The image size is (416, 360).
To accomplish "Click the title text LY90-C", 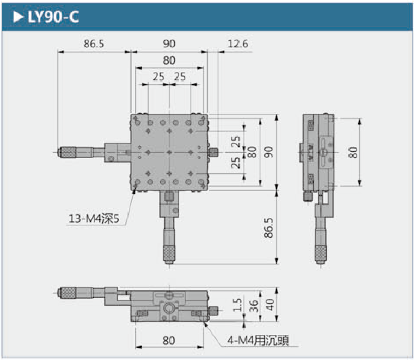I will tap(53, 17).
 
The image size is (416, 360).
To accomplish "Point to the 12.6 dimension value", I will tap(238, 44).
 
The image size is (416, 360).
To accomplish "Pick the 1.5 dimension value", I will tap(238, 305).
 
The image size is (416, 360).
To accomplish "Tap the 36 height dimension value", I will tap(253, 305).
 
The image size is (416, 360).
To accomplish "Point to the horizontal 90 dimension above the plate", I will tap(169, 44).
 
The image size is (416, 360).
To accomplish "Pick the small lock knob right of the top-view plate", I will tap(214, 152).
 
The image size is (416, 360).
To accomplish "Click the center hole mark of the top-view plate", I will tap(169, 152).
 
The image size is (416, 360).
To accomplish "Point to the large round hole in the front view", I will tap(169, 309).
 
